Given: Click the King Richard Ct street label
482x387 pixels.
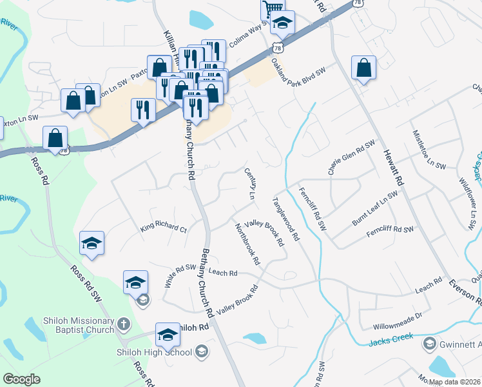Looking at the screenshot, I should [x=163, y=229].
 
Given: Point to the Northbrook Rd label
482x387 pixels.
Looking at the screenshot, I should [x=247, y=245].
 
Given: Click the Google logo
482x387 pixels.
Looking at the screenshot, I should [x=21, y=379].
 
